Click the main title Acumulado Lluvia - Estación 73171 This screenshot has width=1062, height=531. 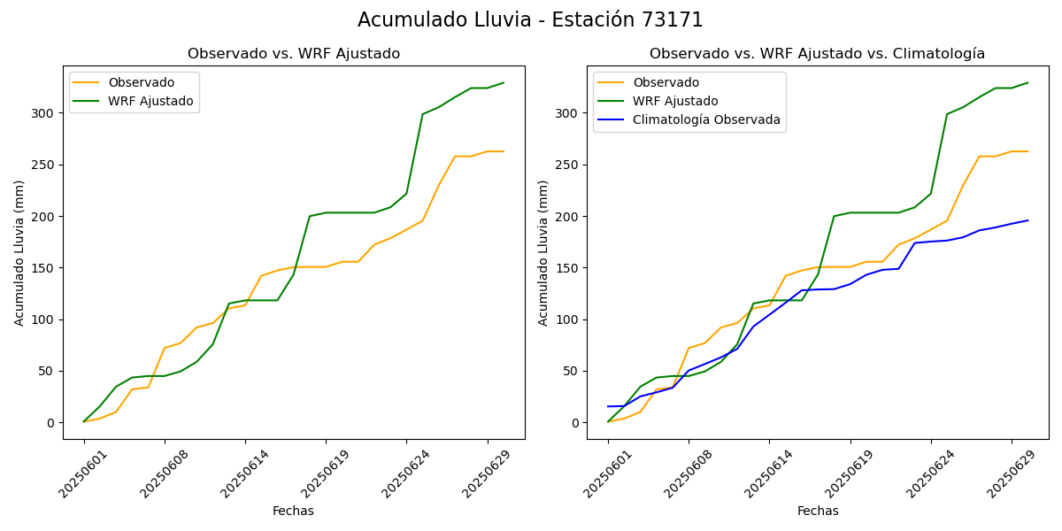(530, 20)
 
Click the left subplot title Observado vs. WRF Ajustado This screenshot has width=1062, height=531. (293, 54)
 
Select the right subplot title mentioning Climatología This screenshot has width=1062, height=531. (817, 54)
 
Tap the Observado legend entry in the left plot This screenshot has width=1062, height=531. (142, 82)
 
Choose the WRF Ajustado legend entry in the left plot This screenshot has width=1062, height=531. (150, 101)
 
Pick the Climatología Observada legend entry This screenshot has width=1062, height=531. (706, 120)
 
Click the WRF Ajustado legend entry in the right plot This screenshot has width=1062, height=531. (674, 101)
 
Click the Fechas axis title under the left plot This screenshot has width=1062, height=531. (293, 511)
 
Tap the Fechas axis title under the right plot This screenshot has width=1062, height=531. (817, 511)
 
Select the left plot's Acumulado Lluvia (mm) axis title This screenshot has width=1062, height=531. (19, 252)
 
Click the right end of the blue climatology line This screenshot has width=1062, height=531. (1028, 220)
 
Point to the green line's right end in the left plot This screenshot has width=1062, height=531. (504, 82)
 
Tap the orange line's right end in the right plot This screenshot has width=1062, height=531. (1028, 151)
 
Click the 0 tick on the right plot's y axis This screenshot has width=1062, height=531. (576, 423)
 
